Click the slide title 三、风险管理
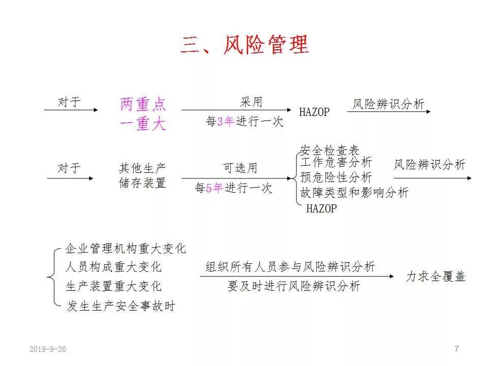pyautogui.click(x=244, y=45)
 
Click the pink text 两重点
pyautogui.click(x=143, y=104)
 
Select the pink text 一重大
pyautogui.click(x=143, y=124)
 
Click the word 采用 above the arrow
pyautogui.click(x=251, y=102)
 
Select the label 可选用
pyautogui.click(x=240, y=168)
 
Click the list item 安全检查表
pyautogui.click(x=329, y=150)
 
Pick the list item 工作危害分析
pyautogui.click(x=336, y=163)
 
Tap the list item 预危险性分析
pyautogui.click(x=336, y=177)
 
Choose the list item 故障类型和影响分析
pyautogui.click(x=354, y=192)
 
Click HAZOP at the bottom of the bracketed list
pyautogui.click(x=321, y=208)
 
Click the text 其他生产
pyautogui.click(x=142, y=168)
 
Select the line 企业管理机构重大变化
pyautogui.click(x=126, y=249)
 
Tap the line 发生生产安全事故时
pyautogui.click(x=121, y=306)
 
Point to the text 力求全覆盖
pyautogui.click(x=436, y=277)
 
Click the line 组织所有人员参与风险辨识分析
pyautogui.click(x=290, y=267)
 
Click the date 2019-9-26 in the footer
pyautogui.click(x=48, y=349)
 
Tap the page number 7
pyautogui.click(x=456, y=349)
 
